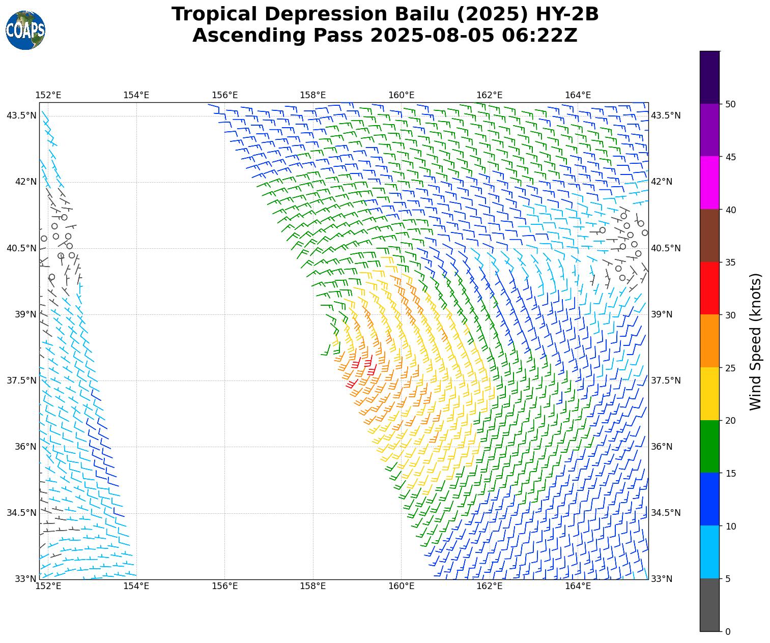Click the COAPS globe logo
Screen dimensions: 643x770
(x=25, y=31)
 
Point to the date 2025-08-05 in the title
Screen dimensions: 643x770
(x=432, y=36)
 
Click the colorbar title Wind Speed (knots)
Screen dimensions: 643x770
(x=756, y=341)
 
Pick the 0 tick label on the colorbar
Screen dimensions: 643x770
(x=728, y=632)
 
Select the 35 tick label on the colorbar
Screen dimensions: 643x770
(x=731, y=262)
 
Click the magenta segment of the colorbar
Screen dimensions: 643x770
(x=710, y=183)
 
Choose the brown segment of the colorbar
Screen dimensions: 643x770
(x=710, y=236)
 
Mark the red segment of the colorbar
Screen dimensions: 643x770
(x=710, y=288)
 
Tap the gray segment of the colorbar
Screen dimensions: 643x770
(x=710, y=605)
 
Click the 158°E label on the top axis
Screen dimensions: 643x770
(x=313, y=95)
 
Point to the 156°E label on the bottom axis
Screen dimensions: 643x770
(x=225, y=586)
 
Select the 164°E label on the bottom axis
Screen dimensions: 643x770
(x=578, y=586)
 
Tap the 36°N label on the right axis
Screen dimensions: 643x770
(x=663, y=447)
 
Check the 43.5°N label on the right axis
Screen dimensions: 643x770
(x=666, y=116)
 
